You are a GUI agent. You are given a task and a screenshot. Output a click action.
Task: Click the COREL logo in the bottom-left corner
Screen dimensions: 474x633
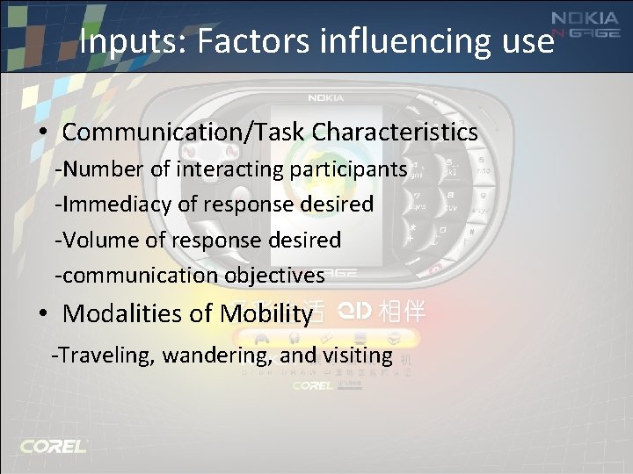point(54,446)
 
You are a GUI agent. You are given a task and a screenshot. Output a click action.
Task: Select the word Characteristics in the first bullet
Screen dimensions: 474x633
point(395,133)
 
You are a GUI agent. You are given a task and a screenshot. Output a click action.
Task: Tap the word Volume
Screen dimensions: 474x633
point(95,240)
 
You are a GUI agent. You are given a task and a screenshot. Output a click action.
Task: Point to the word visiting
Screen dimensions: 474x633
point(357,355)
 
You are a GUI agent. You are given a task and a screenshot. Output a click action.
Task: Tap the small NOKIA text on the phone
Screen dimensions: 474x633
point(324,98)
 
